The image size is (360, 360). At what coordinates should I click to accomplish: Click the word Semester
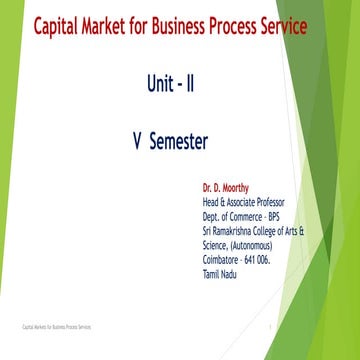point(178,142)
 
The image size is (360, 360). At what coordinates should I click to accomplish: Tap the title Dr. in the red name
point(208,187)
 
